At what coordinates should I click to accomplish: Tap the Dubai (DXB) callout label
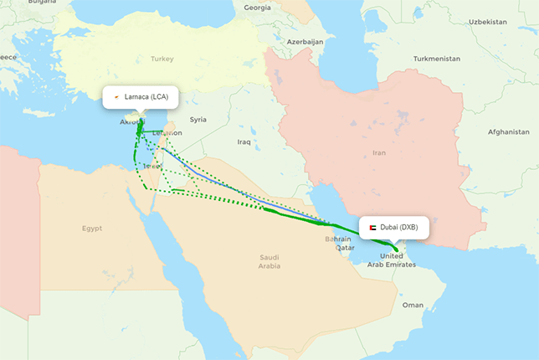[x=394, y=228]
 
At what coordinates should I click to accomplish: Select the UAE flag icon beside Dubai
[x=372, y=228]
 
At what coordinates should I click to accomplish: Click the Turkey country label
[x=162, y=59]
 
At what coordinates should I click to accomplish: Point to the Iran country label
[x=379, y=153]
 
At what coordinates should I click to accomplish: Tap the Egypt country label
[x=91, y=228]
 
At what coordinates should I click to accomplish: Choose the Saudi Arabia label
[x=269, y=261]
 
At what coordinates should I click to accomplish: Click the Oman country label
[x=413, y=306]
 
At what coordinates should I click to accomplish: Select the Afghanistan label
[x=509, y=132]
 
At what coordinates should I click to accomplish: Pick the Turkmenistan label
[x=437, y=59]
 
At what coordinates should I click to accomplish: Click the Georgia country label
[x=257, y=8]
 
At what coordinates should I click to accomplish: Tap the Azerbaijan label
[x=305, y=41]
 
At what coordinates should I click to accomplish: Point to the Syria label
[x=198, y=120]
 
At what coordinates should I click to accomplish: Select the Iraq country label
[x=244, y=141]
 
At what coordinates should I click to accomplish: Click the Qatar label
[x=345, y=248]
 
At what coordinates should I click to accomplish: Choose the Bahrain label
[x=336, y=239]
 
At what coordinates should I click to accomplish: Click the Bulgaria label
[x=42, y=3]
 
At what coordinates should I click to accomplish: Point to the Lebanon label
[x=167, y=132]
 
